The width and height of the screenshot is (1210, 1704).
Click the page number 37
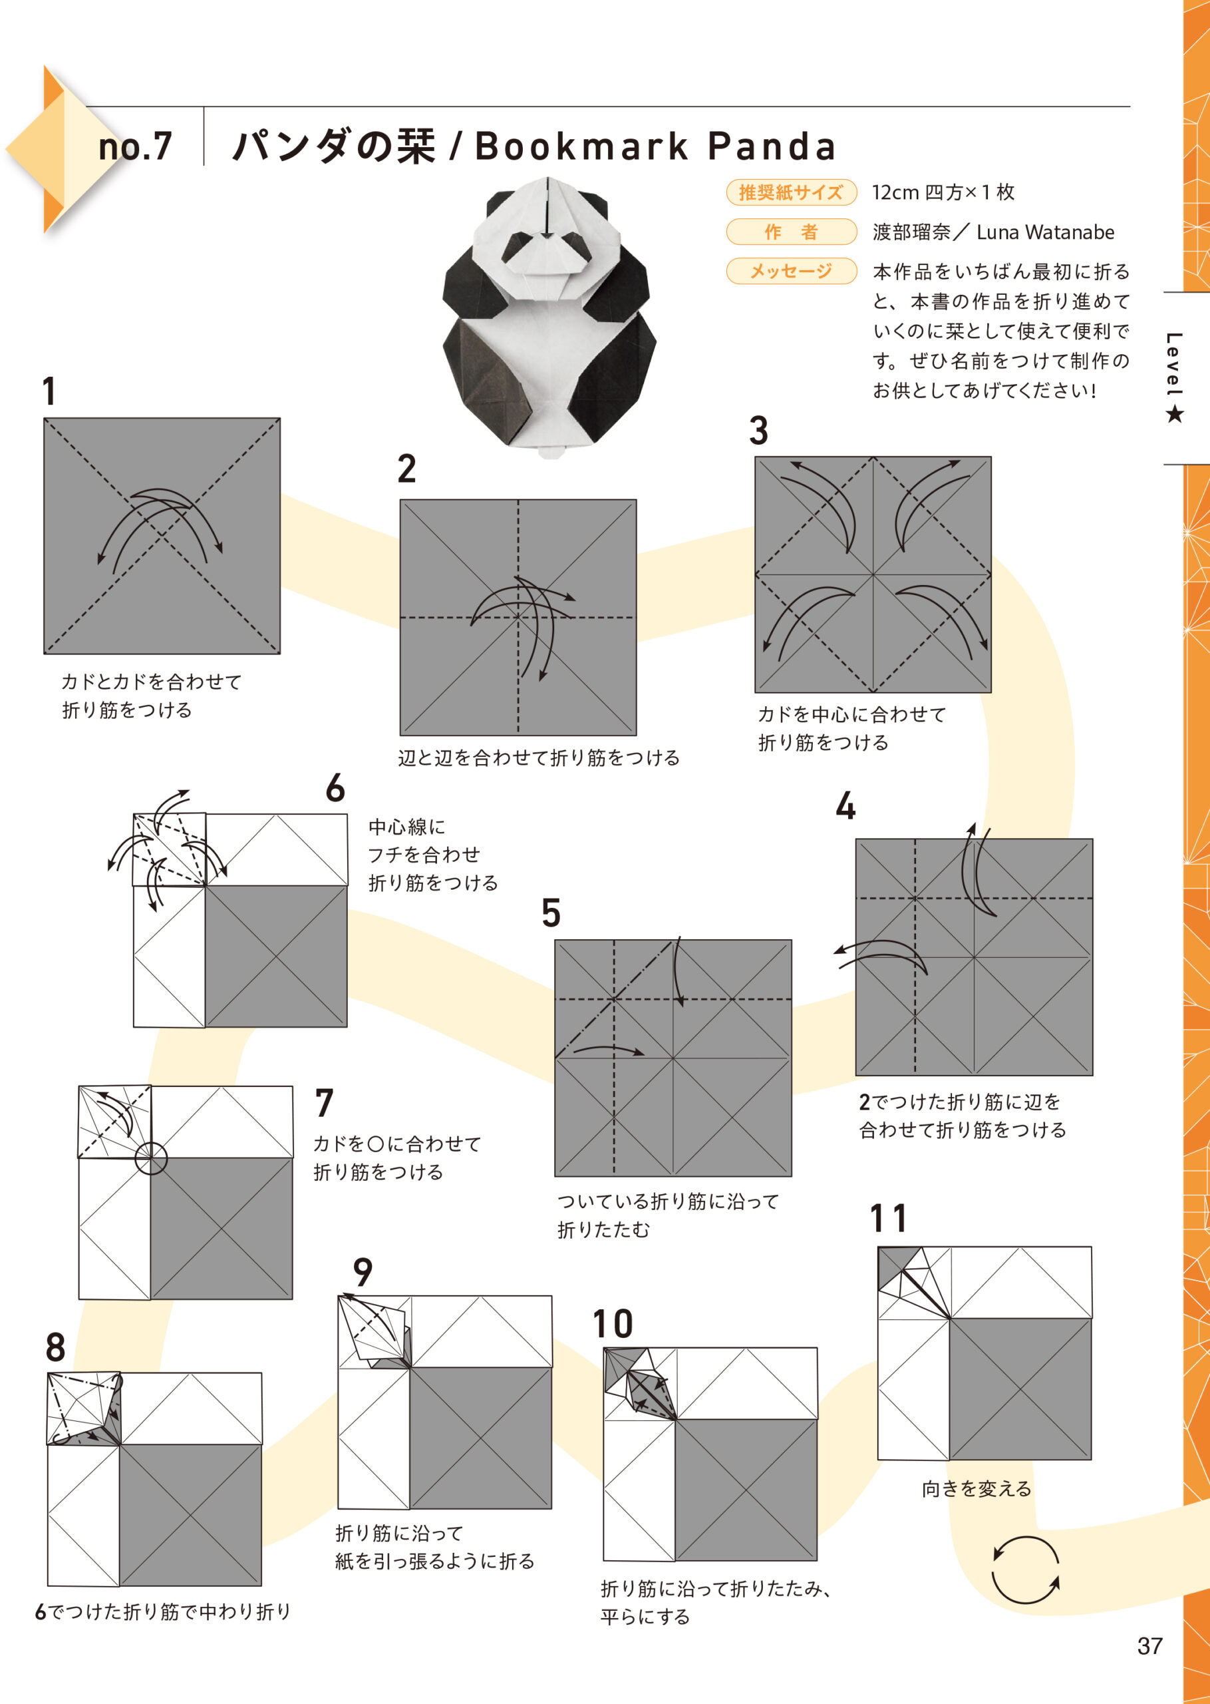[x=1149, y=1645]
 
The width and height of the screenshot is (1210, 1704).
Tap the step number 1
[x=49, y=391]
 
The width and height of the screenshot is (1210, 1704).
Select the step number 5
[x=551, y=913]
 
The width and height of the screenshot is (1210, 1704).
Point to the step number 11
[x=888, y=1219]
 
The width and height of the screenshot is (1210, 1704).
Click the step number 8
[x=55, y=1347]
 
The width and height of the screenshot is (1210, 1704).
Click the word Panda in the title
[x=771, y=146]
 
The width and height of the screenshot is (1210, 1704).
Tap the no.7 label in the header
[x=135, y=146]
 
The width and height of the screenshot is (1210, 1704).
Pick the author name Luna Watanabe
[x=1044, y=232]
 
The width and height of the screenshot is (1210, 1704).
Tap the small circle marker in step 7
[x=151, y=1158]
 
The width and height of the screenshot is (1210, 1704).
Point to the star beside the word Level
[x=1175, y=414]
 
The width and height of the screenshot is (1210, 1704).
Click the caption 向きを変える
[x=977, y=1488]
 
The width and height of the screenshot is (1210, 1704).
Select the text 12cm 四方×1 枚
[x=943, y=192]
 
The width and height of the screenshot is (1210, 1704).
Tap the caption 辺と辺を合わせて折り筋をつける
[x=538, y=758]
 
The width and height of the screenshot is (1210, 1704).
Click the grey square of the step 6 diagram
[x=275, y=956]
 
